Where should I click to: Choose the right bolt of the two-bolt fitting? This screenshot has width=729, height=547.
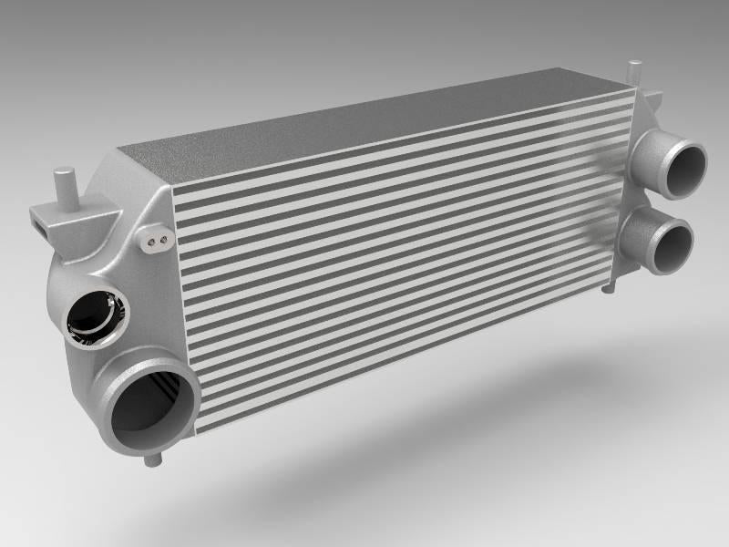click(163, 240)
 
